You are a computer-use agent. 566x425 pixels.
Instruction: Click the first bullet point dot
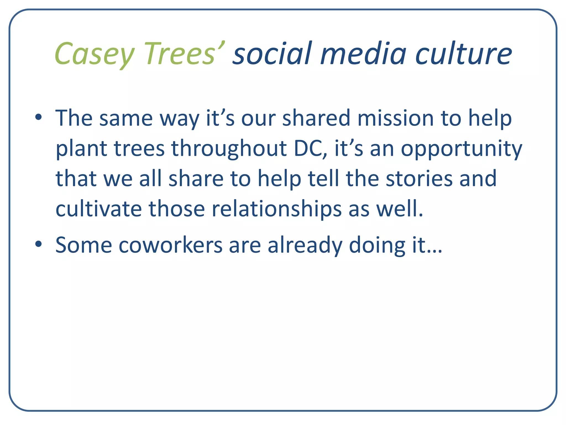(x=38, y=117)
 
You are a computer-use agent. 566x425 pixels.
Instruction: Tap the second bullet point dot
(x=38, y=244)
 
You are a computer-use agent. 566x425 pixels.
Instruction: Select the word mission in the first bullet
(x=395, y=118)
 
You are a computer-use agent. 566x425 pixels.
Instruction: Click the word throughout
(x=229, y=149)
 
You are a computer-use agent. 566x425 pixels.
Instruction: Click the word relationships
(x=277, y=209)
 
